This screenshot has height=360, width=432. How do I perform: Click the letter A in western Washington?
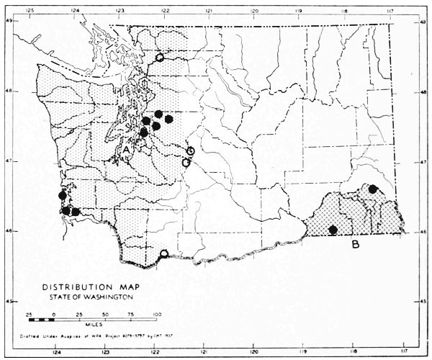click(126, 148)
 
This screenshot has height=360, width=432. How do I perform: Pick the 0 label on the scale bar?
click(53, 315)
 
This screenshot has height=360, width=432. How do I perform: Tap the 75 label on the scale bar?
click(132, 315)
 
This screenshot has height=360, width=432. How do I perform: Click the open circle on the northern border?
click(160, 57)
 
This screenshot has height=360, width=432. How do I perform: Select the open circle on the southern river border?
click(164, 253)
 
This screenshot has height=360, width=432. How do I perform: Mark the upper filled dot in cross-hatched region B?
click(373, 189)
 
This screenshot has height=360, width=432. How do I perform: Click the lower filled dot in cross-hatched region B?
click(333, 230)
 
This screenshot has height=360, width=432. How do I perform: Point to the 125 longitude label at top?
click(30, 11)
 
